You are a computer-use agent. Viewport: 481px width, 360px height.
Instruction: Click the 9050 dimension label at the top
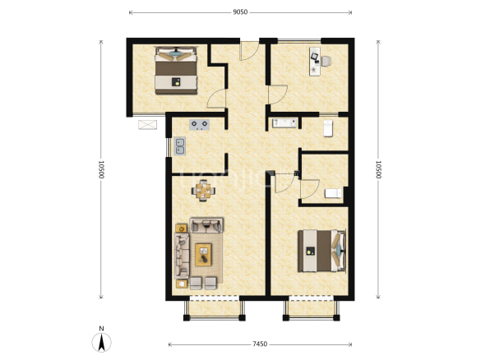[x=240, y=12]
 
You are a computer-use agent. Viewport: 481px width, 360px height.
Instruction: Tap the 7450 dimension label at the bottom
[x=260, y=344]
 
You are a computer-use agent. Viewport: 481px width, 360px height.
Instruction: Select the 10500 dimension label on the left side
[x=101, y=169]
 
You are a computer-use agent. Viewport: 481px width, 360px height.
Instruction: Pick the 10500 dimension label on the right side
[x=378, y=169]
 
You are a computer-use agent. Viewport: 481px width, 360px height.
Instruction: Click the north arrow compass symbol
[x=101, y=341]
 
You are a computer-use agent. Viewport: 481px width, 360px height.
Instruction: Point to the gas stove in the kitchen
[x=200, y=125]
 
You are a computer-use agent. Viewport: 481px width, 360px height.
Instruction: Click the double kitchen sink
[x=180, y=146]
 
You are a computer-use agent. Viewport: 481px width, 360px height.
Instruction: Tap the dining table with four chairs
[x=203, y=191]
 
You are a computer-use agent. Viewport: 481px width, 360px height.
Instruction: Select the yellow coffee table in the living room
[x=203, y=255]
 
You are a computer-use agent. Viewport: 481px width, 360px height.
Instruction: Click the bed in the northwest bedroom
[x=176, y=70]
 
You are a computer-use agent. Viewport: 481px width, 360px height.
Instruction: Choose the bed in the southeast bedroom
[x=321, y=251]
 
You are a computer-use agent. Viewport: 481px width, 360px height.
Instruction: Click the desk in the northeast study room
[x=315, y=62]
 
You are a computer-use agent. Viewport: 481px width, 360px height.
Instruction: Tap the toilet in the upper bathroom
[x=328, y=128]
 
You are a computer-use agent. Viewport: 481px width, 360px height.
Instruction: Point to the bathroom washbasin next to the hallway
[x=284, y=123]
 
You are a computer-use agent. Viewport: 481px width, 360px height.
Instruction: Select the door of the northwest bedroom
[x=216, y=99]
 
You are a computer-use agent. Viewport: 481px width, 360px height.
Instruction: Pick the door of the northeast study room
[x=278, y=95]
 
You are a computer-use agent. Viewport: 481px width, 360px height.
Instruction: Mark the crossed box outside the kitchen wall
[x=147, y=125]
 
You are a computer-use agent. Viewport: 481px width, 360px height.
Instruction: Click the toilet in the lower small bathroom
[x=333, y=193]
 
